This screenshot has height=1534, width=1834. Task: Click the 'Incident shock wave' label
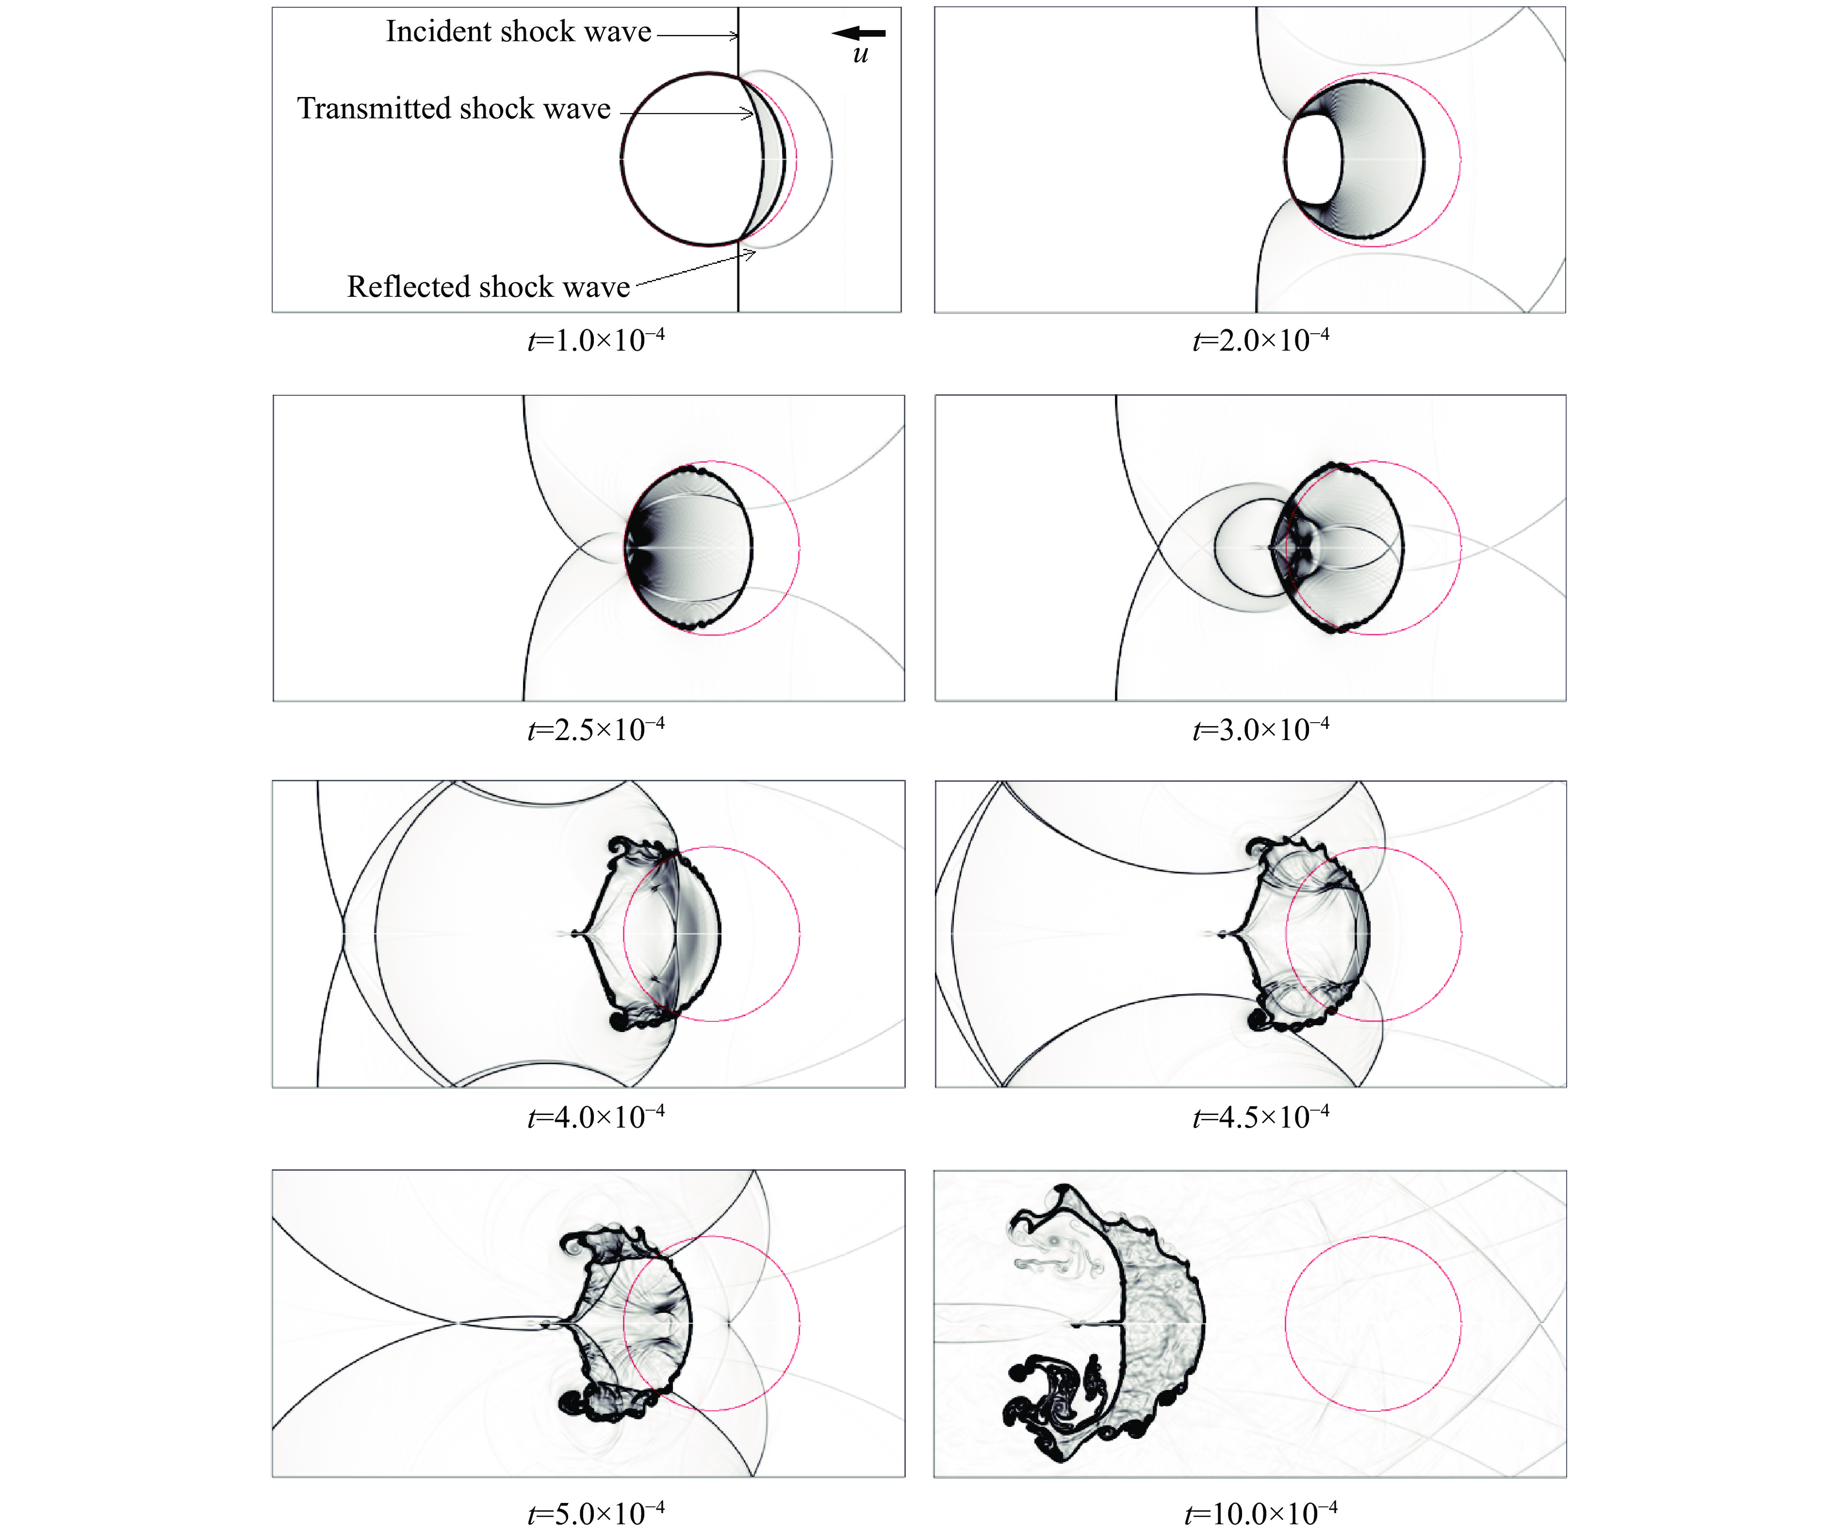[x=519, y=32]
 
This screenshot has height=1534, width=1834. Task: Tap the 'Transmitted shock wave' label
[x=454, y=108]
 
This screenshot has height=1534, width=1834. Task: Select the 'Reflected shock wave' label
[x=488, y=286]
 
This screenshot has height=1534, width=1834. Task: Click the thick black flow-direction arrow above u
[x=858, y=33]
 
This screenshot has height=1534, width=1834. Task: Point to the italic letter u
[x=860, y=55]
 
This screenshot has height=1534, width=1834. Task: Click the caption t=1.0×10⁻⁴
[x=596, y=339]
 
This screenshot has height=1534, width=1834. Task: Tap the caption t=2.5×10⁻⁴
[x=596, y=728]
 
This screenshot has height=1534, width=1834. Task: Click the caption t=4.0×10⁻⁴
[x=596, y=1116]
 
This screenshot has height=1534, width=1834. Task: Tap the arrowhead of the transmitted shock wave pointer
[x=749, y=113]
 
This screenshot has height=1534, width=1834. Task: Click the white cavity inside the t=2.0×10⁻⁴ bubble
[x=1314, y=159]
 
